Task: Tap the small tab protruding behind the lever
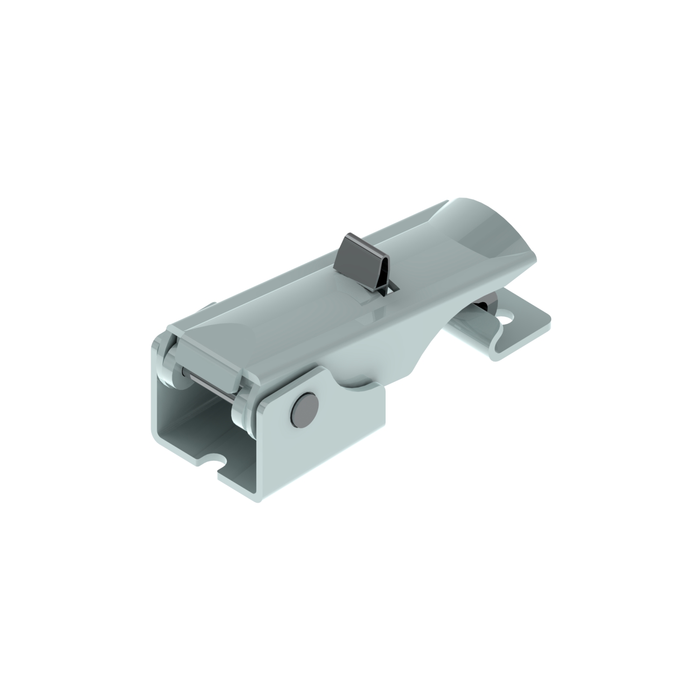click(208, 307)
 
